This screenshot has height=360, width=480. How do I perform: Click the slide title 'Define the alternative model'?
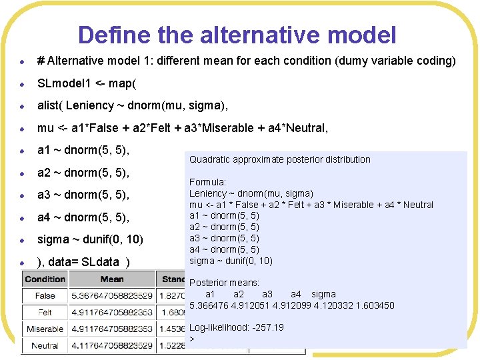pyautogui.click(x=237, y=35)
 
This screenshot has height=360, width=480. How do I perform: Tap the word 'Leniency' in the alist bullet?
pyautogui.click(x=90, y=105)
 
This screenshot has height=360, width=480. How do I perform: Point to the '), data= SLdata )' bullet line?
pyautogui.click(x=83, y=261)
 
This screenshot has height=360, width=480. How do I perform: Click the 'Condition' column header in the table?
pyautogui.click(x=45, y=279)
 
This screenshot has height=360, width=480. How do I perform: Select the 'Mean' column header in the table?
pyautogui.click(x=112, y=279)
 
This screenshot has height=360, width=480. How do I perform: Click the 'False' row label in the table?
pyautogui.click(x=45, y=295)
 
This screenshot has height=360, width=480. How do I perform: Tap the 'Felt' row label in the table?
pyautogui.click(x=45, y=312)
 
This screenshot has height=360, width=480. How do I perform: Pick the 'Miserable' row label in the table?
pyautogui.click(x=45, y=329)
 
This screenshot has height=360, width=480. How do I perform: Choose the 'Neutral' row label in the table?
pyautogui.click(x=45, y=345)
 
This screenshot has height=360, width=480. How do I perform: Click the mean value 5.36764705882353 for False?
pyautogui.click(x=112, y=295)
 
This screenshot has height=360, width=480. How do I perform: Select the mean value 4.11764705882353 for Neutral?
pyautogui.click(x=112, y=345)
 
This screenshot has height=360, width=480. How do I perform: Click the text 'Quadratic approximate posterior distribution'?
pyautogui.click(x=280, y=159)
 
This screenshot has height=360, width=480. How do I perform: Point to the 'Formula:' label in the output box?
pyautogui.click(x=207, y=182)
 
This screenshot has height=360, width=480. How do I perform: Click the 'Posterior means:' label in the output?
pyautogui.click(x=225, y=283)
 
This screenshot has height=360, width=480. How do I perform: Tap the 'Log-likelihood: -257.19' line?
pyautogui.click(x=237, y=327)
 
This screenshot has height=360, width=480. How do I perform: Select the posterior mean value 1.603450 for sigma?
pyautogui.click(x=374, y=305)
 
